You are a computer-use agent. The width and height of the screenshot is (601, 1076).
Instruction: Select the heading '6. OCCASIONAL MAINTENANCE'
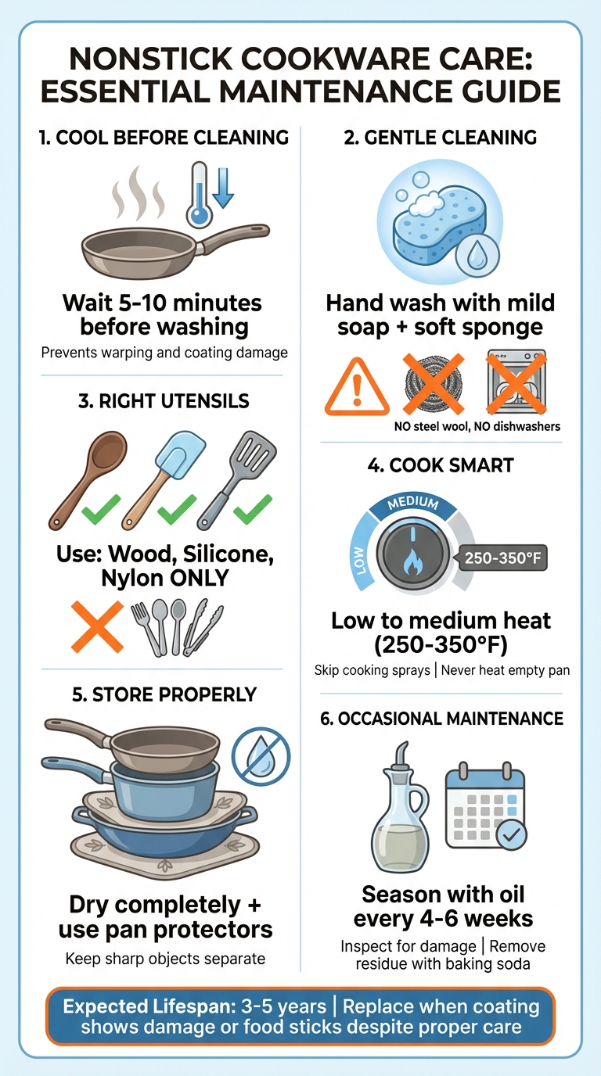pos(442,718)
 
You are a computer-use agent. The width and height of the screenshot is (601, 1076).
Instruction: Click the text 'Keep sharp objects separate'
pos(165,958)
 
